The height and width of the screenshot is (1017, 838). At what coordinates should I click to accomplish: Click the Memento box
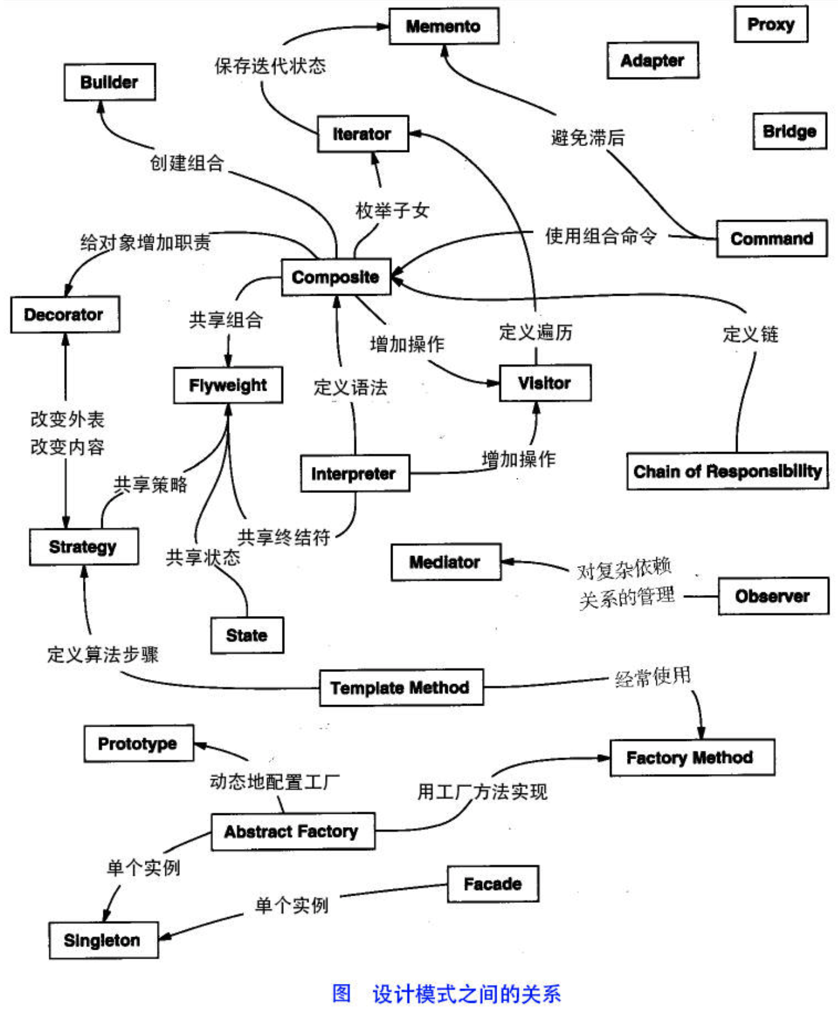click(x=444, y=26)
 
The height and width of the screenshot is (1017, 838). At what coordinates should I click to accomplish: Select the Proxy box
click(x=771, y=24)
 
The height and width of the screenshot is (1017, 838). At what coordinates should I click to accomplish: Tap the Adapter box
click(x=653, y=60)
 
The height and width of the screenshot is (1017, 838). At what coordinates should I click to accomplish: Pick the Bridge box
click(x=789, y=131)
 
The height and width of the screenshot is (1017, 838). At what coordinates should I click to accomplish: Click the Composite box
click(x=336, y=277)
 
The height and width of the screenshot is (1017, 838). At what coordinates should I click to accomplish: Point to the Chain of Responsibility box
click(x=727, y=471)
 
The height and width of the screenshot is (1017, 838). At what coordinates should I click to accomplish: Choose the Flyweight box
click(x=228, y=385)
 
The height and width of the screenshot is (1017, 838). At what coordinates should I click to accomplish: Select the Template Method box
click(x=401, y=687)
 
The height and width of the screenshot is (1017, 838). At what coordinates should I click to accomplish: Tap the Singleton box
click(x=103, y=940)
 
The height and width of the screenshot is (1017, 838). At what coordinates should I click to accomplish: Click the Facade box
click(x=493, y=884)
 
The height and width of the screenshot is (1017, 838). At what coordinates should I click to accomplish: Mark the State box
click(x=247, y=635)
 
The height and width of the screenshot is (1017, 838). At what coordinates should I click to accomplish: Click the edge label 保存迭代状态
click(x=271, y=66)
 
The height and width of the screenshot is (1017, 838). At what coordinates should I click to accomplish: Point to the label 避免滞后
click(x=588, y=138)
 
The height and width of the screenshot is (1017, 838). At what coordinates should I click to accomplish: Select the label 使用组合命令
click(x=601, y=236)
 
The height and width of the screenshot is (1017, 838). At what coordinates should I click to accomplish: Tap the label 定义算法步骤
click(x=103, y=654)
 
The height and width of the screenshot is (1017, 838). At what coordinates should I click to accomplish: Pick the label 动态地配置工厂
click(x=275, y=781)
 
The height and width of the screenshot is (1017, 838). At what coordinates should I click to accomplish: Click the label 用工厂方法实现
click(x=482, y=792)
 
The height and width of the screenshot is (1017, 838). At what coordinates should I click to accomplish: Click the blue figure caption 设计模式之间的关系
click(x=466, y=994)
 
